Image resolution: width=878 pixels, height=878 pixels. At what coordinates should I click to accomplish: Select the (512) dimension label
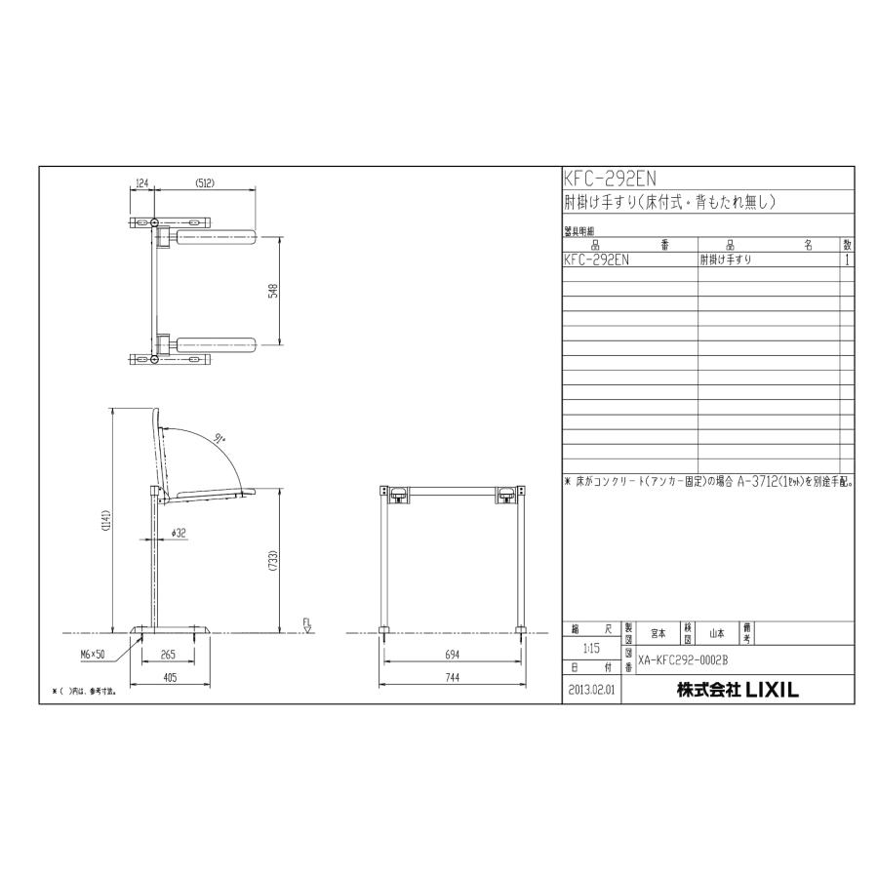click(205, 182)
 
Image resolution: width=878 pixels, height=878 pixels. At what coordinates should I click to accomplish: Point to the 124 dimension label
click(141, 182)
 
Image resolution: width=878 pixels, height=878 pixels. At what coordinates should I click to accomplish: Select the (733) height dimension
click(274, 561)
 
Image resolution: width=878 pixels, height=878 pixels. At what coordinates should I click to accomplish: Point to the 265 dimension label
click(168, 655)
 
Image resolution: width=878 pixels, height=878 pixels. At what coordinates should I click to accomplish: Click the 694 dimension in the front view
click(454, 655)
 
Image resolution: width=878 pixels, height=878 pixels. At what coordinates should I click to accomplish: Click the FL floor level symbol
click(306, 624)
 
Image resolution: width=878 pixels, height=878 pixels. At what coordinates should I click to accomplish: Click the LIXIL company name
click(738, 690)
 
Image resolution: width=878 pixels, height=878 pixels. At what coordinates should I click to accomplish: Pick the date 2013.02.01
click(592, 690)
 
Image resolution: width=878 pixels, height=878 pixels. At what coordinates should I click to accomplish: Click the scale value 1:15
click(592, 648)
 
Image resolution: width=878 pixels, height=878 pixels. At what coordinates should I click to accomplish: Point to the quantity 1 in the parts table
click(847, 260)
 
